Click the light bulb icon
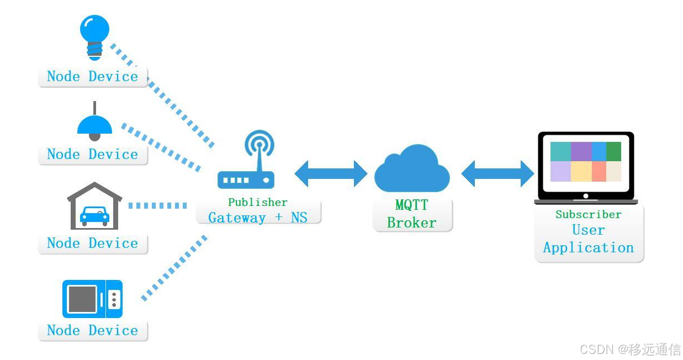click(x=94, y=35)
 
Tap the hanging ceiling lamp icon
click(x=94, y=124)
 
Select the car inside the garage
click(x=94, y=215)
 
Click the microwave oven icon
click(x=92, y=299)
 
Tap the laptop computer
click(x=586, y=168)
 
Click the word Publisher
click(x=258, y=202)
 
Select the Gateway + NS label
click(x=258, y=218)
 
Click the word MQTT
click(x=411, y=205)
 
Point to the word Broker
click(x=411, y=223)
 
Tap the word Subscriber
click(x=588, y=214)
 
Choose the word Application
click(x=588, y=247)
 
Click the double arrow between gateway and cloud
click(x=331, y=173)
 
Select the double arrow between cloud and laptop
click(x=497, y=173)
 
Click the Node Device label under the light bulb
click(x=93, y=76)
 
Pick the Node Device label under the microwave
click(x=93, y=330)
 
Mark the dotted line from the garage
click(x=157, y=205)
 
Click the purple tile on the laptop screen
click(x=581, y=151)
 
